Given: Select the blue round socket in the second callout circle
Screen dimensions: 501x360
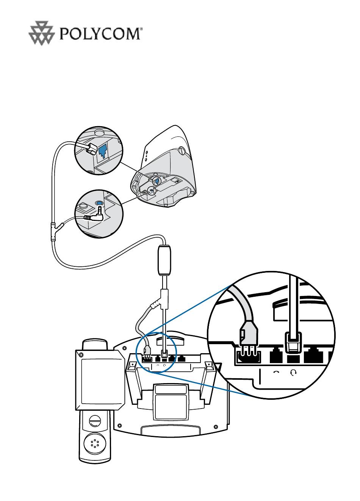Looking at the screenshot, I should (x=99, y=203).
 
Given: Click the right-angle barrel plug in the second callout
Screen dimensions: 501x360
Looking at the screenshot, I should (x=93, y=217).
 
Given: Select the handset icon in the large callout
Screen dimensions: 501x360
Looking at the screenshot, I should (x=276, y=372).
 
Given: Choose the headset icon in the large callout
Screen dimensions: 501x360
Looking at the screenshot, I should (x=292, y=372).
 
